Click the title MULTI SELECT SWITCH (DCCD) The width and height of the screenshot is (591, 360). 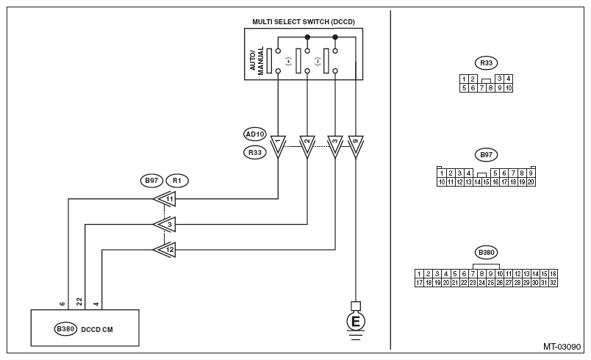click(x=304, y=22)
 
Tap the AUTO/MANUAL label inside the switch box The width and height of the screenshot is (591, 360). click(x=257, y=61)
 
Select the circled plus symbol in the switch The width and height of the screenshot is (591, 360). click(x=288, y=61)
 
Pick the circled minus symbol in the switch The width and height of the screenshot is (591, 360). click(x=318, y=61)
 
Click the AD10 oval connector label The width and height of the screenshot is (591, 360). click(x=255, y=134)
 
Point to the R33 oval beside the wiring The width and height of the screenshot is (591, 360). click(x=255, y=153)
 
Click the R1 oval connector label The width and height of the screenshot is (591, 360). click(x=176, y=181)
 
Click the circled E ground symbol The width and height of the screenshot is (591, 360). click(x=356, y=322)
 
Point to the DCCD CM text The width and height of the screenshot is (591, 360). click(x=97, y=329)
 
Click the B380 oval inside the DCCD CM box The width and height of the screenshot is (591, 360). click(x=65, y=329)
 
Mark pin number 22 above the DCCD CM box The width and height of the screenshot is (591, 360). click(x=79, y=302)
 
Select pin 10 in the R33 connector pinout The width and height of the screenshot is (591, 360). click(x=509, y=88)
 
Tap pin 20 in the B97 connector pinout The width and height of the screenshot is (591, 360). click(x=531, y=182)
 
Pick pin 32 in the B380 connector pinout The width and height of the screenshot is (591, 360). click(x=553, y=283)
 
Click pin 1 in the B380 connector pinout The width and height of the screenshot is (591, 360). click(x=419, y=274)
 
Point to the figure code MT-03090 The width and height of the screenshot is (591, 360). click(x=562, y=347)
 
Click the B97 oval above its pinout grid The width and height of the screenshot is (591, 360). click(x=486, y=155)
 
